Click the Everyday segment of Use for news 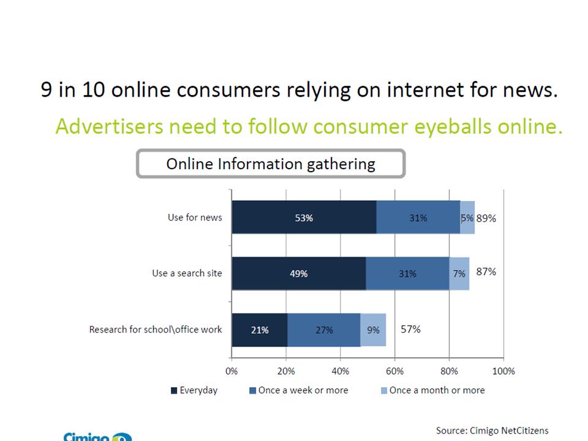pos(304,217)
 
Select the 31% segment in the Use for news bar pos(418,217)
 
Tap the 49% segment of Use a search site pos(299,274)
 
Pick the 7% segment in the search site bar pos(459,274)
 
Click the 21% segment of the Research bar pos(260,330)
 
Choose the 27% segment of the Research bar pos(324,330)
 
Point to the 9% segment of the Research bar pos(373,330)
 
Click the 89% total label pos(486,217)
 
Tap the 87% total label pos(486,271)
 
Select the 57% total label pos(410,329)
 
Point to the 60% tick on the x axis pos(394,371)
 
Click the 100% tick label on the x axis pos(503,371)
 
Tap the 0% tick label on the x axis pos(232,371)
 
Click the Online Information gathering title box pos(271,164)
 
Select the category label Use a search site pos(187,273)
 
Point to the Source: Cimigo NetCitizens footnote pos(492,431)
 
